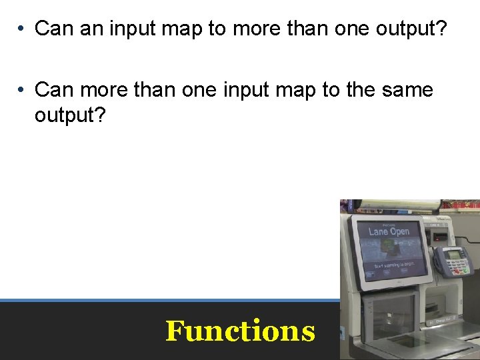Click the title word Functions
pos(240,331)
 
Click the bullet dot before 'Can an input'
pos(22,29)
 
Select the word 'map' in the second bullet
pos(291,90)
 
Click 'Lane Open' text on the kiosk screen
pos(389,231)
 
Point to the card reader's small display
pos(455,254)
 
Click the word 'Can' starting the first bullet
pos(51,29)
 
